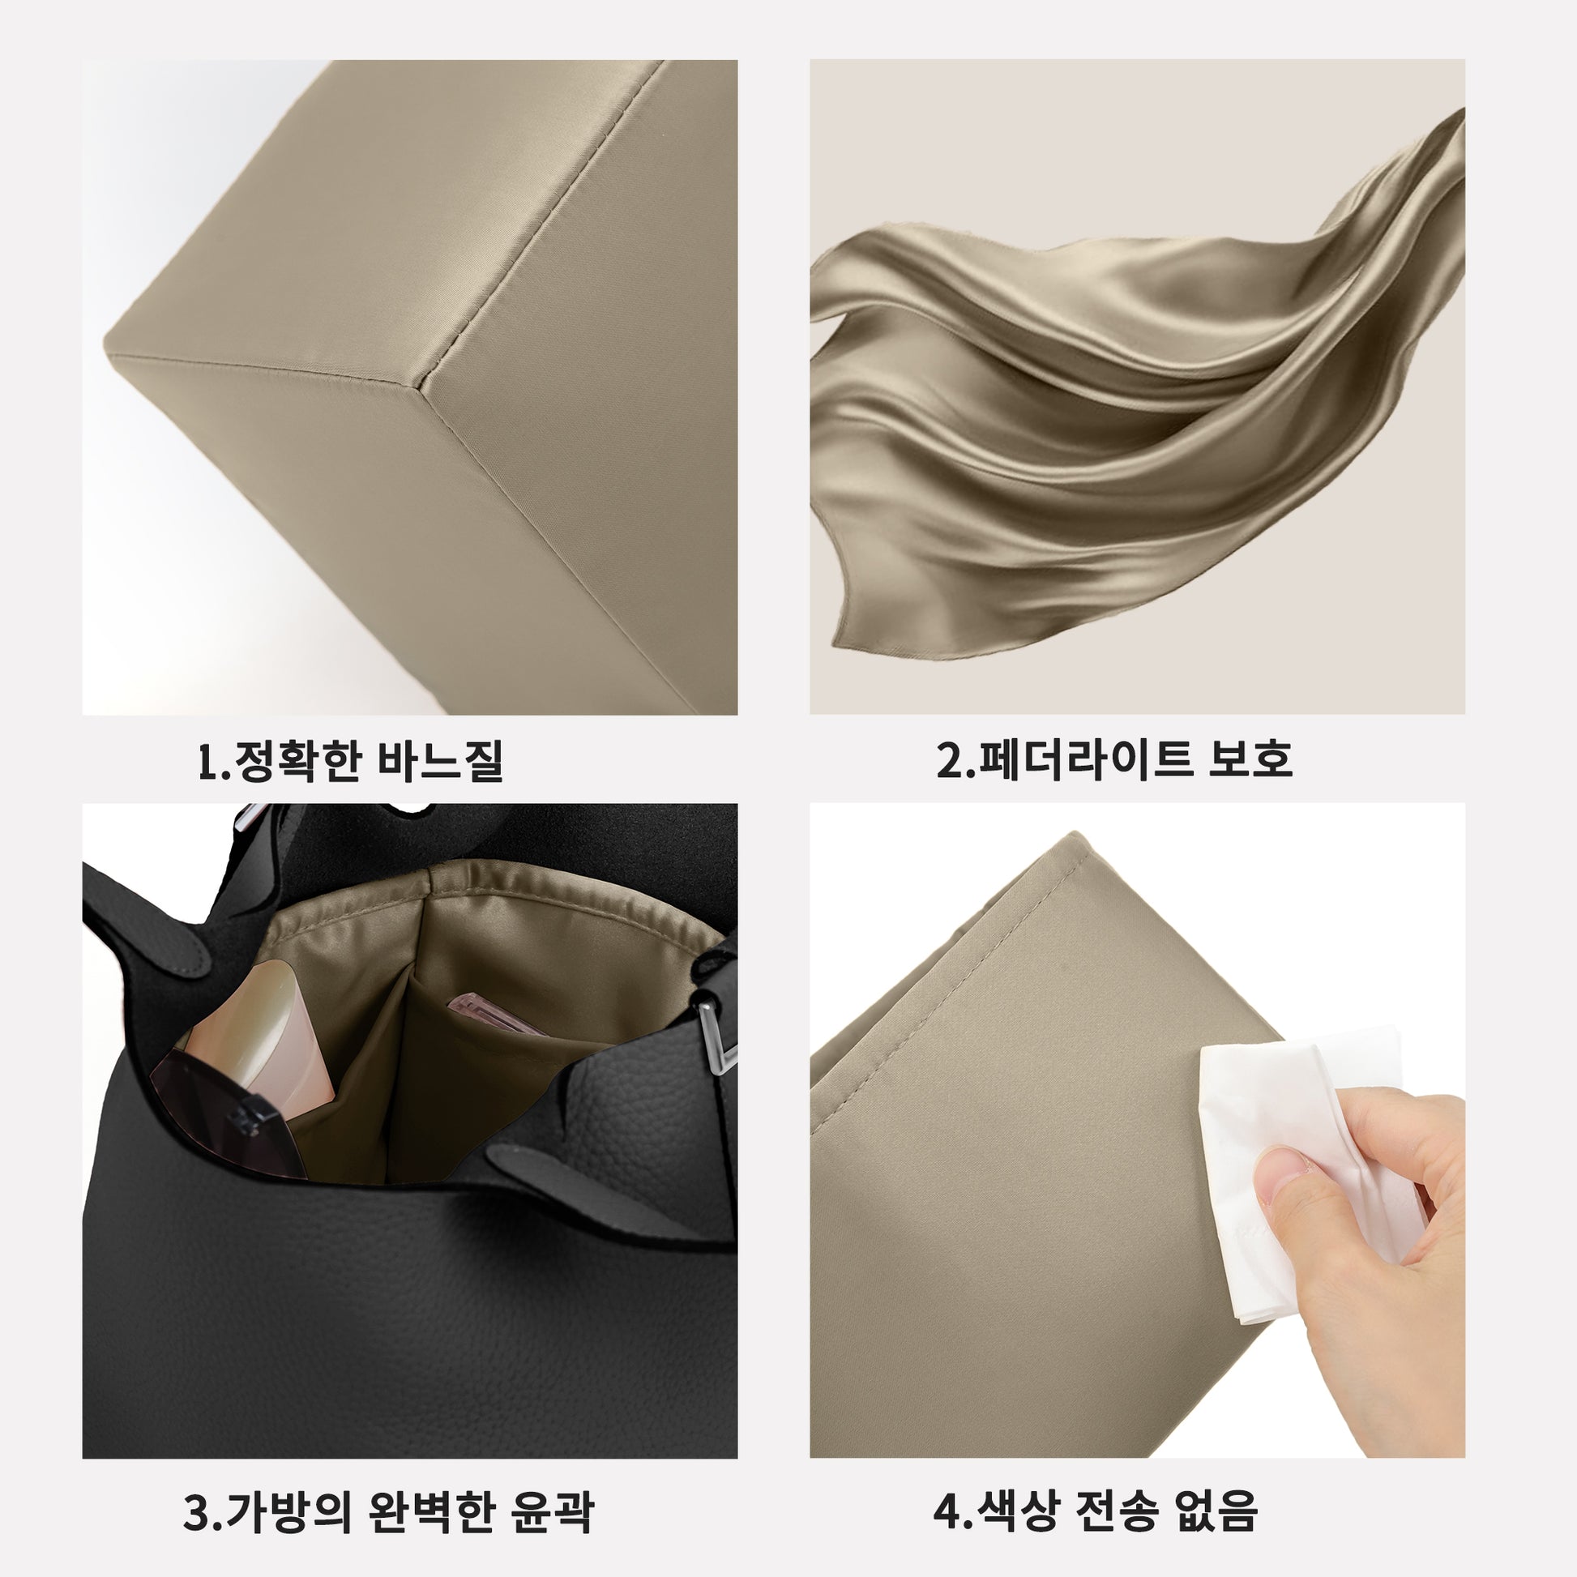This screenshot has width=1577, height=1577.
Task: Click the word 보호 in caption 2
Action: coord(1248,759)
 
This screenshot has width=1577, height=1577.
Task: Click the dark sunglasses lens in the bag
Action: coord(224,1114)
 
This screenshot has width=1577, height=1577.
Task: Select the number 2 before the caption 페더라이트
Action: coord(951,760)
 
